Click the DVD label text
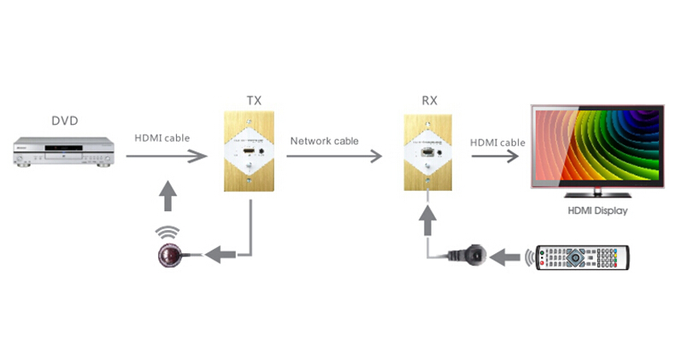pyautogui.click(x=64, y=121)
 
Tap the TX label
pyautogui.click(x=254, y=101)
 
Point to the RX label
pyautogui.click(x=429, y=101)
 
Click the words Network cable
pyautogui.click(x=324, y=140)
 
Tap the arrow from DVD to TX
pyautogui.click(x=167, y=156)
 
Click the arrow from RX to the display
pyautogui.click(x=497, y=156)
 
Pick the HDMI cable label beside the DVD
pyautogui.click(x=162, y=138)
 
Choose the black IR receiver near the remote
pyautogui.click(x=472, y=255)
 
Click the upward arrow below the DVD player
pyautogui.click(x=168, y=196)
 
